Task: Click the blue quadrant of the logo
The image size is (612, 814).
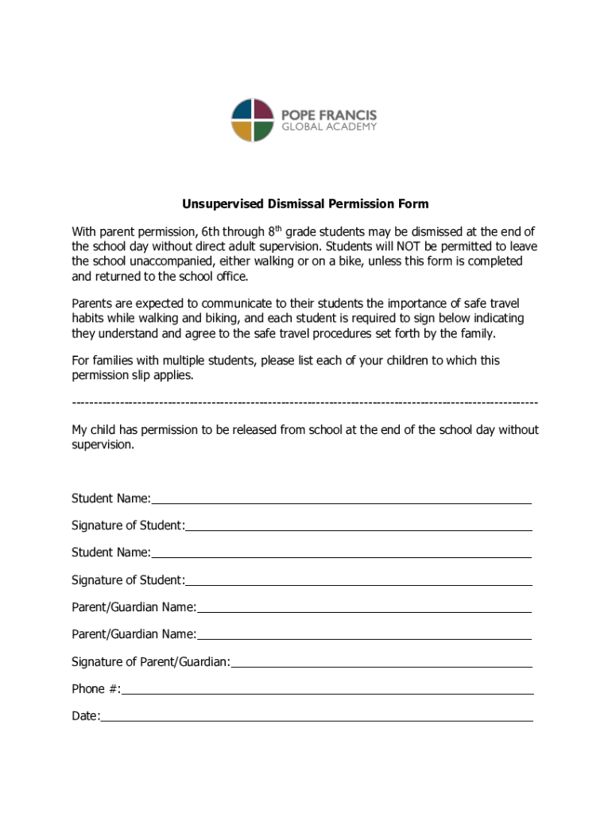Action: [x=242, y=110]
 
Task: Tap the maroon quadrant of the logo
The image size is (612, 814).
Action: [x=263, y=110]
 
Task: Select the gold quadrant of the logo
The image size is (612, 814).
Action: [x=242, y=131]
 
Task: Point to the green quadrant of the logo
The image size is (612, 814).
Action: [x=263, y=131]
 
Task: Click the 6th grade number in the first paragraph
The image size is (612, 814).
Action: [x=211, y=231]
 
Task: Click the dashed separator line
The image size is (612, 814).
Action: [x=304, y=403]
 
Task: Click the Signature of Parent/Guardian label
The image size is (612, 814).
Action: [x=151, y=661]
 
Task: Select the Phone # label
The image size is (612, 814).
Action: [x=95, y=688]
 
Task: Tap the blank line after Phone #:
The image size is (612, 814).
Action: [x=327, y=691]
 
